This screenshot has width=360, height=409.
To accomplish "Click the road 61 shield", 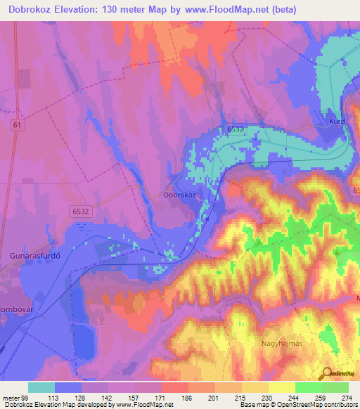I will click(16, 124).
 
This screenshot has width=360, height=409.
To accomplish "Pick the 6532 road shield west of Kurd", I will click(236, 129).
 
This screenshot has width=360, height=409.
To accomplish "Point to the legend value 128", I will click(80, 397).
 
